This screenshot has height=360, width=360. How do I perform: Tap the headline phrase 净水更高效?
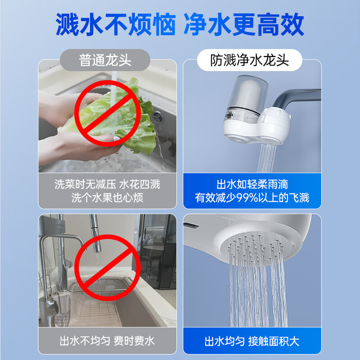[243, 25]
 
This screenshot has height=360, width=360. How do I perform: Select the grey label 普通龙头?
[105, 60]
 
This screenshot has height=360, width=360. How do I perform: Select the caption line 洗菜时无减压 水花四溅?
[107, 184]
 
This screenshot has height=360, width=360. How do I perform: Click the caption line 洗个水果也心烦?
[107, 198]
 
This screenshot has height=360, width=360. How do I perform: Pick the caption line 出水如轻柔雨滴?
[252, 184]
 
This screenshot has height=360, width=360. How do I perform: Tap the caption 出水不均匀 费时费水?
[107, 341]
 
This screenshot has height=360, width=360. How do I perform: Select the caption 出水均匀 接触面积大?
[252, 341]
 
